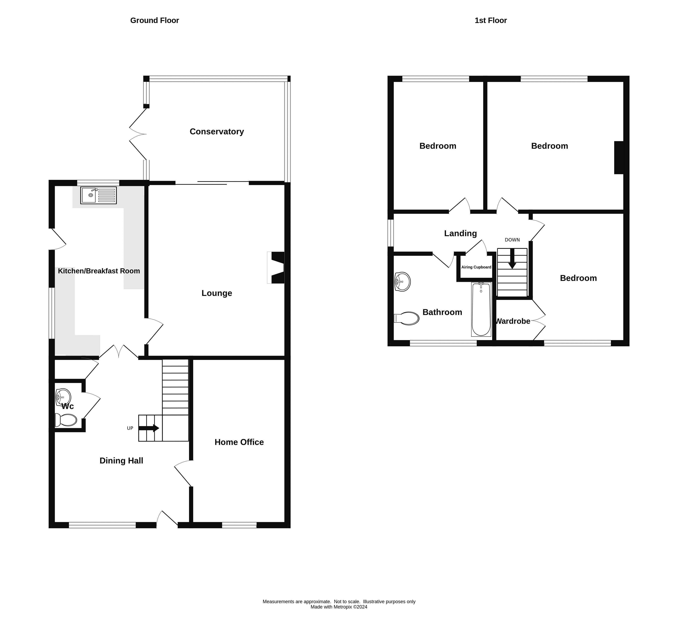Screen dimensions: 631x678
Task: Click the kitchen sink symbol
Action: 98,195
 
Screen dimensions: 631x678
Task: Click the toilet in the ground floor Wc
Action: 67,420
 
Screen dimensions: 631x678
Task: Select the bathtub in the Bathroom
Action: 481,309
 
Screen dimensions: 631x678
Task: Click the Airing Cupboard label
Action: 476,267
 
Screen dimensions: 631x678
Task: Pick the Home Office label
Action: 239,442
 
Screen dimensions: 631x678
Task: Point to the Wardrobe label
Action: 513,321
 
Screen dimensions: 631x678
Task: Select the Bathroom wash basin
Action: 403,281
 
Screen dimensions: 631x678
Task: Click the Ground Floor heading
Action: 154,21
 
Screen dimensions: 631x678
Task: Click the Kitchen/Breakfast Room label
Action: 99,271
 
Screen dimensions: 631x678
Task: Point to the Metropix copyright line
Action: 339,607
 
